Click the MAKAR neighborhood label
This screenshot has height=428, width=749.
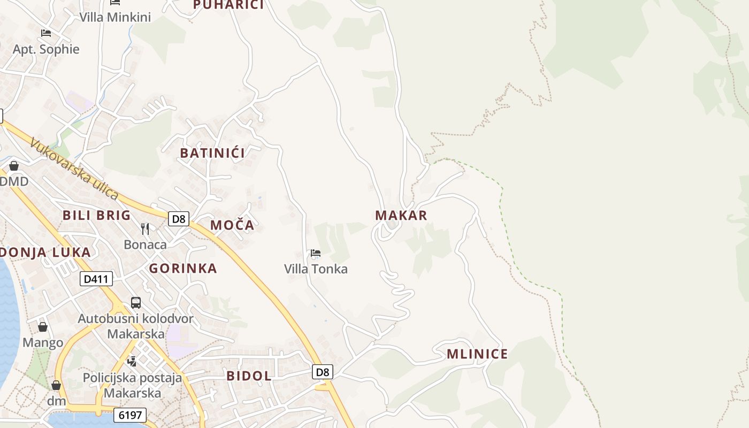tap(401, 216)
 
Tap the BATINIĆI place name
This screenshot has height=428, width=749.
tap(212, 153)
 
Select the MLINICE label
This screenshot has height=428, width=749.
tap(477, 354)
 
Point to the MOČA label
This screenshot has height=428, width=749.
tap(232, 225)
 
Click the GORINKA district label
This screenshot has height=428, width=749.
tap(183, 269)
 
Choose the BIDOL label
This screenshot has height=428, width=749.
tap(249, 376)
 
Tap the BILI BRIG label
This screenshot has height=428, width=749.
tap(96, 216)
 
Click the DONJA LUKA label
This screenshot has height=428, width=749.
tap(45, 253)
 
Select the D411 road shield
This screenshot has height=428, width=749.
tap(96, 279)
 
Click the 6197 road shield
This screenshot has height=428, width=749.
tap(130, 415)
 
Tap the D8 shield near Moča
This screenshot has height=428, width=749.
tap(179, 219)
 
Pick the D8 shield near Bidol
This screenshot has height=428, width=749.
tap(323, 372)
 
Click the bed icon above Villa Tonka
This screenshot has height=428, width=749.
tap(316, 253)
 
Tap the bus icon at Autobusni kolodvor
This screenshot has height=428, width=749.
tap(136, 303)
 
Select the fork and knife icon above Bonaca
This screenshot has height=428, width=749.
tap(145, 229)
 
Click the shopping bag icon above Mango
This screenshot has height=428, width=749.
tap(43, 326)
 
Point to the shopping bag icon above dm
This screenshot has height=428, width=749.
tap(56, 385)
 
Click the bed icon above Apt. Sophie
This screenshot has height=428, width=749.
tap(46, 33)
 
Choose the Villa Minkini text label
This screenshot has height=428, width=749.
tap(115, 17)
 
